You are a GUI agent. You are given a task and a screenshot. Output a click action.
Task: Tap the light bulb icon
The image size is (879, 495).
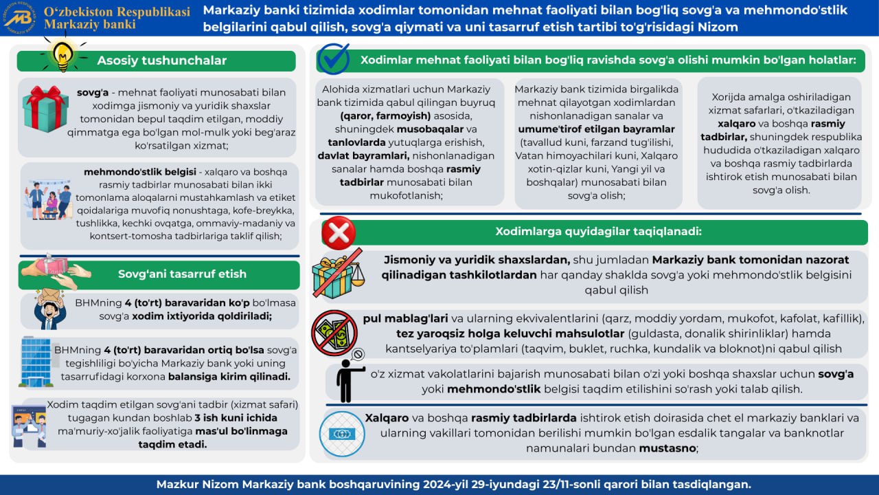[x=63, y=54]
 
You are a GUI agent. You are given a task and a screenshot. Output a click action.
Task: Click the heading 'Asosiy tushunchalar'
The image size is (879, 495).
[x=161, y=60]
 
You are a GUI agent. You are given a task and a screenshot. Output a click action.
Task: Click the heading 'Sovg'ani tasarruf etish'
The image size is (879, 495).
[x=182, y=274]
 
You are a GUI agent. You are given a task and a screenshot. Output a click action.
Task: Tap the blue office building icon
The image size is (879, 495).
[x=35, y=361]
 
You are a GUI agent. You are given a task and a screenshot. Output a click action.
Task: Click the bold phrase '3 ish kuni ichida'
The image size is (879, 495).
[x=236, y=418]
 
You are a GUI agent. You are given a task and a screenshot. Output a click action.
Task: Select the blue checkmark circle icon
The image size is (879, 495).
[x=334, y=59]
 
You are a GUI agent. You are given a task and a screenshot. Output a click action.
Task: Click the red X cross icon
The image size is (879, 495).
[x=339, y=232]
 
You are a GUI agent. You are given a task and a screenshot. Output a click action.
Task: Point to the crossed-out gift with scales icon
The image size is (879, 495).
[x=336, y=273]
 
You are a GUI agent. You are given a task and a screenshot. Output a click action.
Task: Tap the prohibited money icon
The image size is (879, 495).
[x=334, y=333]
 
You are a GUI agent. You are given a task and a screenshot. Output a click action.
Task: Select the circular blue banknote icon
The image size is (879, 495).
[x=341, y=434]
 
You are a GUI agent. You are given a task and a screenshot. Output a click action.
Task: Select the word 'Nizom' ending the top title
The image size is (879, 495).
[x=718, y=27]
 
